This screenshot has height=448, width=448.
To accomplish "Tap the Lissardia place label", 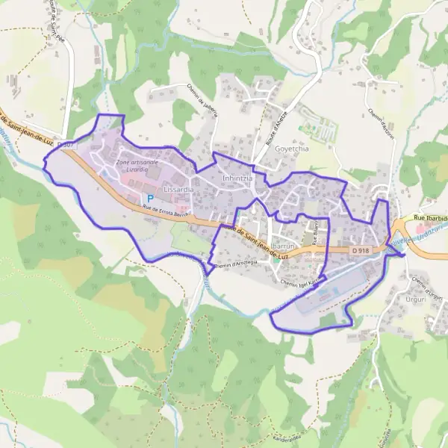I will pos(178,190).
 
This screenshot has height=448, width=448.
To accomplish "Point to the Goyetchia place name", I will pos(292,149).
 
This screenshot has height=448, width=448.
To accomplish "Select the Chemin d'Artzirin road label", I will pos(379,120).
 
